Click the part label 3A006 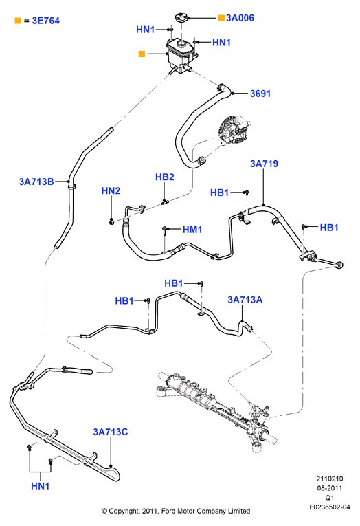(x=240, y=18)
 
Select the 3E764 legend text (x=46, y=21)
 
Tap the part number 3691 (x=260, y=94)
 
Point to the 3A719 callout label (x=264, y=164)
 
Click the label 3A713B (x=36, y=182)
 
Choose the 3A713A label (x=245, y=300)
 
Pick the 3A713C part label (x=111, y=432)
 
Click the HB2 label (x=165, y=177)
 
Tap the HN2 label (x=111, y=191)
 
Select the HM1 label (x=192, y=230)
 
